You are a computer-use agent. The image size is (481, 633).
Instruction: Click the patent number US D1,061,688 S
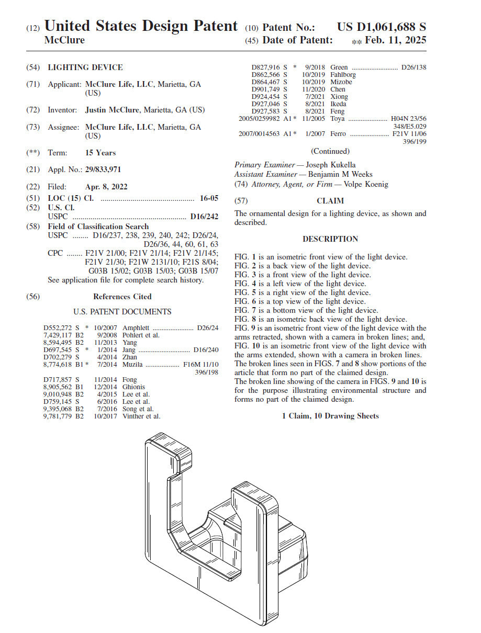coord(381,27)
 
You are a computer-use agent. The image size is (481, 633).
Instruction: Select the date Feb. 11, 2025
coord(395,40)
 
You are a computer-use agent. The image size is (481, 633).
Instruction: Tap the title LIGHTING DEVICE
coord(85,67)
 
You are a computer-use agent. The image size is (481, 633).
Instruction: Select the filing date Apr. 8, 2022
coord(106,187)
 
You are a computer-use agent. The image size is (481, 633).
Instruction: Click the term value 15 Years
coord(100,153)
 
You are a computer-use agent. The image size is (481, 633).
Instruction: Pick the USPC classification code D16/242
coord(204,217)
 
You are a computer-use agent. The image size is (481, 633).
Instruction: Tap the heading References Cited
coord(122,297)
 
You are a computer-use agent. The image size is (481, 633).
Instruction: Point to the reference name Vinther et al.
coord(141,416)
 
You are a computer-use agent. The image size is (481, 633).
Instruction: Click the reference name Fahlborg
coord(343,75)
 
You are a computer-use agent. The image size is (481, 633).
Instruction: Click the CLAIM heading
coord(330,201)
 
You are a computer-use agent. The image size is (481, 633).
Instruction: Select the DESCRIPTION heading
coord(330,239)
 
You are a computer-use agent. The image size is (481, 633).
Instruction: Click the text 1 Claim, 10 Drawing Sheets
coord(330,416)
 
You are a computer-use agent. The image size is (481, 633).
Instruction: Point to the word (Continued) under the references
coord(330,151)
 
